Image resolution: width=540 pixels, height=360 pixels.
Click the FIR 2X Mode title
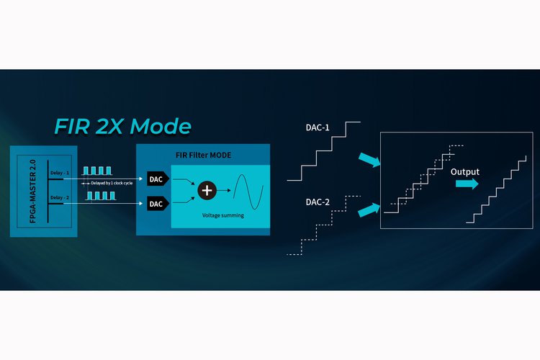click(x=122, y=126)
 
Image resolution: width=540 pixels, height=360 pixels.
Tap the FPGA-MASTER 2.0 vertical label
click(x=32, y=192)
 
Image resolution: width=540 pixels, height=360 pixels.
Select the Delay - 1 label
click(x=60, y=173)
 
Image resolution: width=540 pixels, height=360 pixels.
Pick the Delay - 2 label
click(x=60, y=197)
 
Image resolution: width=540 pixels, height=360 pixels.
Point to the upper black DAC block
click(x=158, y=179)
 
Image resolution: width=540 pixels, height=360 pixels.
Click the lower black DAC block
click(x=158, y=204)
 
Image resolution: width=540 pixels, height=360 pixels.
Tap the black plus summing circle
click(x=207, y=190)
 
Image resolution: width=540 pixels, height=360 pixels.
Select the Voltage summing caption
click(x=222, y=215)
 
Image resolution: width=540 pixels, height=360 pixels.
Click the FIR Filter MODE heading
click(x=203, y=155)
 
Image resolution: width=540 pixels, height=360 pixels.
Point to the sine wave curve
click(x=248, y=192)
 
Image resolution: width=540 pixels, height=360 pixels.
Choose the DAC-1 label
click(x=318, y=127)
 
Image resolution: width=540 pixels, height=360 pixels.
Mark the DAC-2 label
click(x=318, y=202)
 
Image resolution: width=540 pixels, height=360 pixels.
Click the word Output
click(x=465, y=172)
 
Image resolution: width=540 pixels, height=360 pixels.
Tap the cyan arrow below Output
click(x=467, y=184)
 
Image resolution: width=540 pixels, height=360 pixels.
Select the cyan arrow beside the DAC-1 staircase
click(x=369, y=160)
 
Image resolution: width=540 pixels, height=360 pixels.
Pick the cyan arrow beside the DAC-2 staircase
click(x=369, y=210)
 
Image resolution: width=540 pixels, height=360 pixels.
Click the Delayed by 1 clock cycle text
click(x=112, y=183)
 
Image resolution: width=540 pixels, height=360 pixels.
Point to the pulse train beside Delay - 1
click(x=97, y=171)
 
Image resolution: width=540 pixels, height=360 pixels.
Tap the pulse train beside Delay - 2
click(x=101, y=196)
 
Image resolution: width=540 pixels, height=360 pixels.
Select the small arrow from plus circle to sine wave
click(x=224, y=190)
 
